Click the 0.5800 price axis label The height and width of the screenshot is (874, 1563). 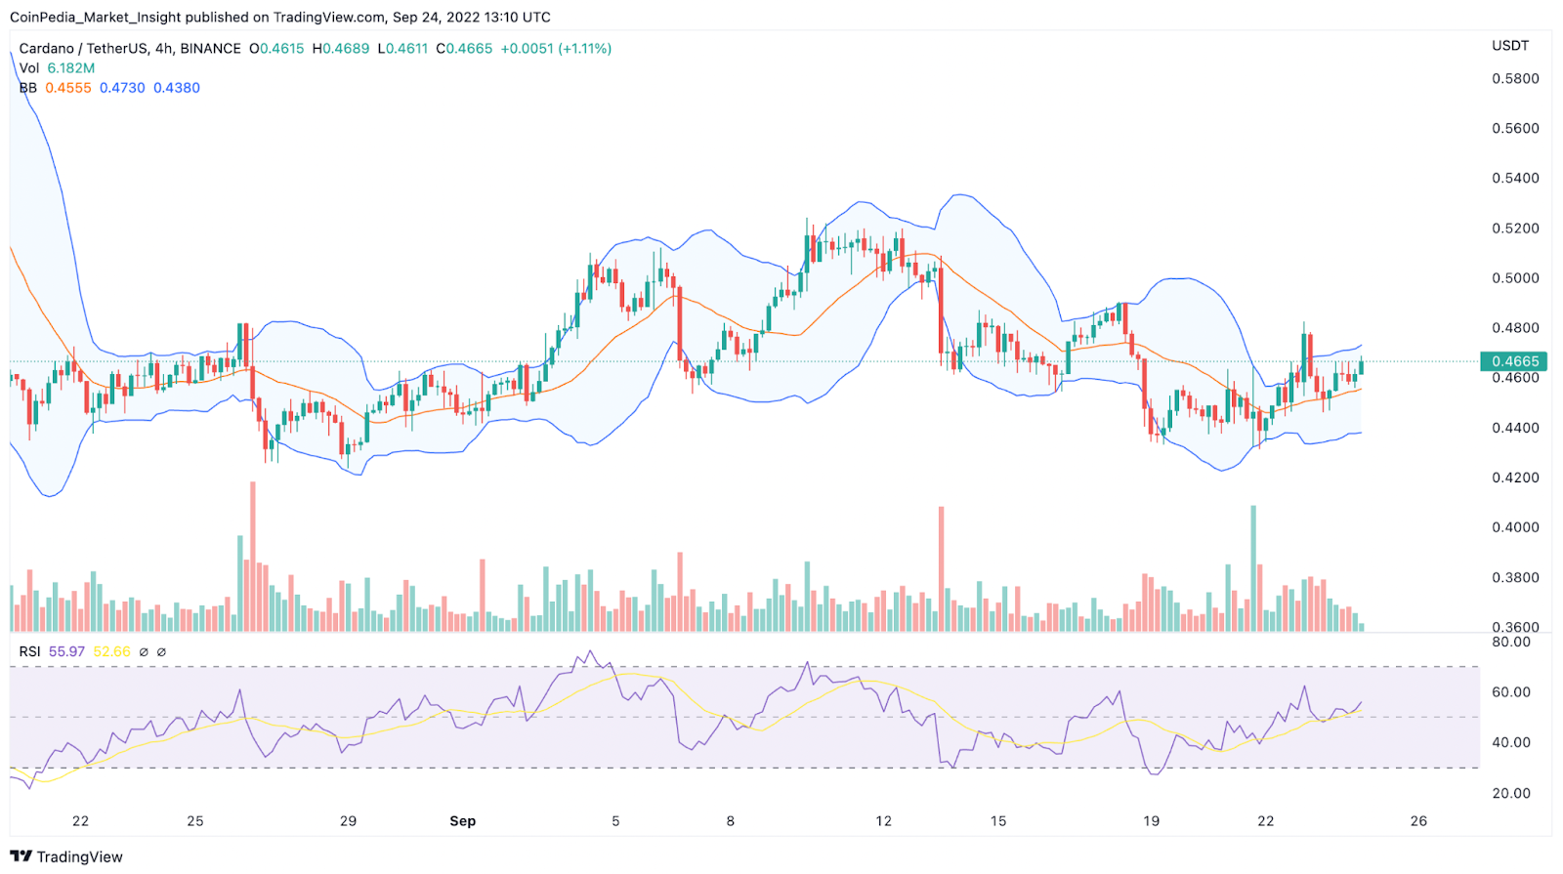coord(1515,78)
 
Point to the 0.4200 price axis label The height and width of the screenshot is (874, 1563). coord(1515,478)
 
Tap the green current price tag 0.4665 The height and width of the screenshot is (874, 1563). coord(1514,361)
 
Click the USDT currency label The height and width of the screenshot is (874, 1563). coord(1509,46)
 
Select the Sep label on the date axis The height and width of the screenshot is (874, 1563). coord(462,821)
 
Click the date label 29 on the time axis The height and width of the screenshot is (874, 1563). coord(348,821)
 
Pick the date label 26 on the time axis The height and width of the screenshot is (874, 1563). coord(1418,821)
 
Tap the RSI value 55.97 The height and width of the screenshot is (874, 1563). coord(66,651)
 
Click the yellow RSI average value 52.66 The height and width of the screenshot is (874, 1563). coord(111,651)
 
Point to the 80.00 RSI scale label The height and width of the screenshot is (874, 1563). coord(1511,642)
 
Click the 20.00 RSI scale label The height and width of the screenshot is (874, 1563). coord(1511,793)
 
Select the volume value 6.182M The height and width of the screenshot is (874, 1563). coord(71,68)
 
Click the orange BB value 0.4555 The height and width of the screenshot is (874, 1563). coord(68,88)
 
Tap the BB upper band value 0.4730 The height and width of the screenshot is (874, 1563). coord(122,88)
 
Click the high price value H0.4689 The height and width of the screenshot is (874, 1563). coord(341,48)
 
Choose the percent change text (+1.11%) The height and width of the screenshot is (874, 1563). coord(584,48)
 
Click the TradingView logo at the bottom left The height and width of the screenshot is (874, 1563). coord(66,856)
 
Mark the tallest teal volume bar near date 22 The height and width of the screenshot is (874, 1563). coord(1253,566)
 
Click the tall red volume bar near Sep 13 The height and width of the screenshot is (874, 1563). coord(942,566)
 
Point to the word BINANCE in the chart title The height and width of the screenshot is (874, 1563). coord(210,48)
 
